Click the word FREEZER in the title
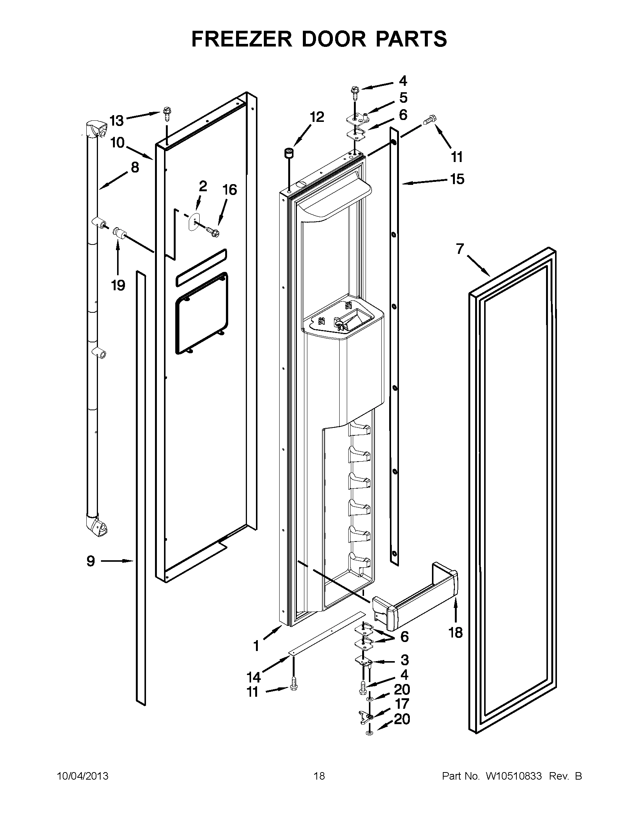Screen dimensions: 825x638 click(x=241, y=39)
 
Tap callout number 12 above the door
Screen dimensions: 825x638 click(x=317, y=117)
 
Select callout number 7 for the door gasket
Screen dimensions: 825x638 click(x=459, y=249)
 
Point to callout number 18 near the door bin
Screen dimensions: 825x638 click(x=456, y=632)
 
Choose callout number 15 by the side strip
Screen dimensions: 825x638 click(x=457, y=179)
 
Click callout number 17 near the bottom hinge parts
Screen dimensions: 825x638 click(x=402, y=704)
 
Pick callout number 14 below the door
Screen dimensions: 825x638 click(x=254, y=677)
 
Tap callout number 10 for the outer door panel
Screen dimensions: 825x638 click(x=117, y=143)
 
